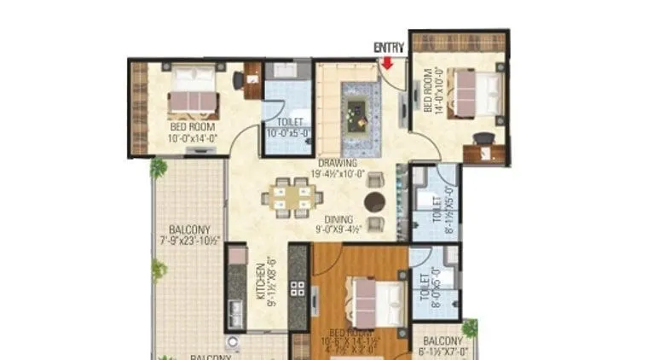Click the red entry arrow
coord(387,62)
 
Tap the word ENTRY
coord(388,49)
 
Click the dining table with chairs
coord(288,198)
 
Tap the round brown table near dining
coord(374,202)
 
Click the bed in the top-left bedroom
coord(192,90)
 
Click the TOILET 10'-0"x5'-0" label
coord(286,128)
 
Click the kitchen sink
coord(234,320)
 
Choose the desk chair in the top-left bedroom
coord(239,81)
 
